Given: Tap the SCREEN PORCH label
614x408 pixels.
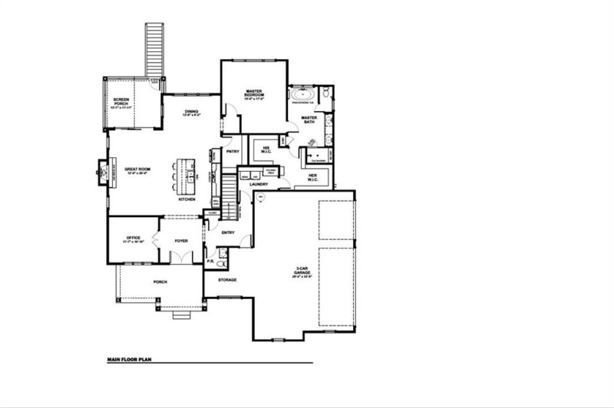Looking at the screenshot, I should (x=121, y=102).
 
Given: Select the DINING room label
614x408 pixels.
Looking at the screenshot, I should (x=191, y=114).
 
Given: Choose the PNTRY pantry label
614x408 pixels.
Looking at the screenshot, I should (x=233, y=151).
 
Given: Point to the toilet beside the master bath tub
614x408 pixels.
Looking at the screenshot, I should (x=325, y=94).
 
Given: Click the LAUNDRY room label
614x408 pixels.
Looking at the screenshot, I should (x=257, y=184).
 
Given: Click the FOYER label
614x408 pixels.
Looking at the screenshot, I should (x=181, y=240).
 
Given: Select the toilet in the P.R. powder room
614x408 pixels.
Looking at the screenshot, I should (x=221, y=263).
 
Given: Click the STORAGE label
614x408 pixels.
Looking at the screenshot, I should (x=226, y=280).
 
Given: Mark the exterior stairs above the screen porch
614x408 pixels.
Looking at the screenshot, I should (x=155, y=50).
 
